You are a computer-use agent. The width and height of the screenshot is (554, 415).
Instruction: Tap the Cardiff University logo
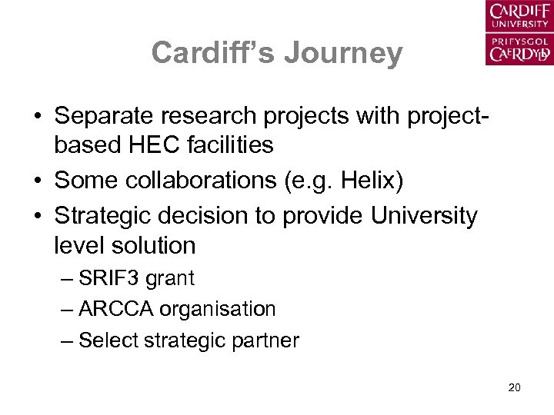pos(519,33)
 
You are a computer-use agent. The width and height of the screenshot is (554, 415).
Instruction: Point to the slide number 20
pos(515,387)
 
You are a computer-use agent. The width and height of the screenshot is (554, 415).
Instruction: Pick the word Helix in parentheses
pos(359,181)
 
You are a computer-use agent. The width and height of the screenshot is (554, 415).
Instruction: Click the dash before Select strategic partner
pos(67,340)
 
